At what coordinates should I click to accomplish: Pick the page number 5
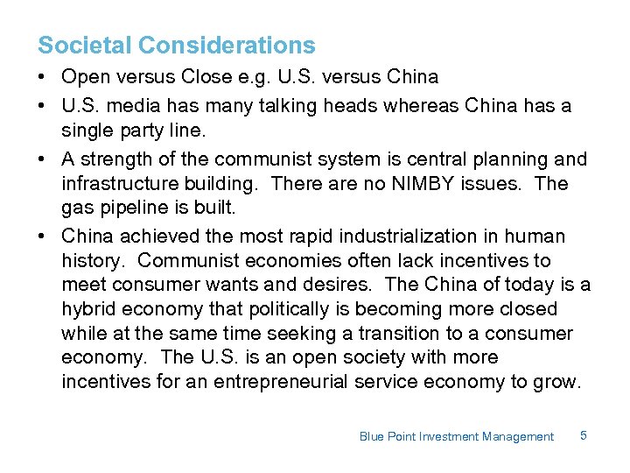point(583,435)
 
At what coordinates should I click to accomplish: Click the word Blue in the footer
point(371,436)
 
